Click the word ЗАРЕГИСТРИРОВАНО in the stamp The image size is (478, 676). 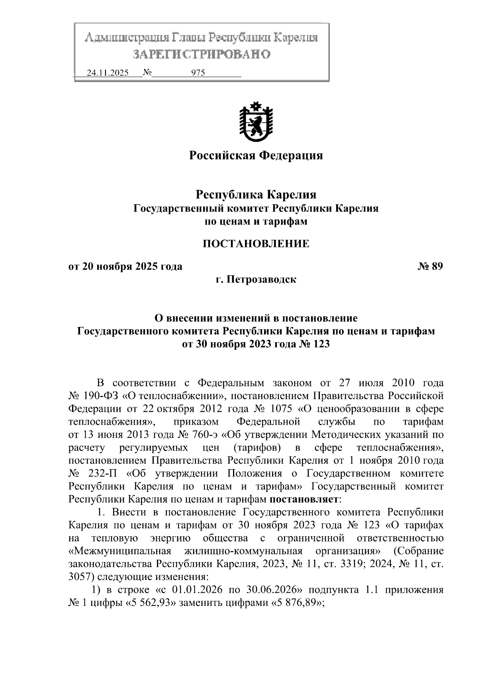[x=201, y=54]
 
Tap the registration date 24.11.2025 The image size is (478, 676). [x=108, y=73]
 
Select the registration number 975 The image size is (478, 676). [x=198, y=73]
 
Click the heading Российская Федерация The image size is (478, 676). [x=255, y=155]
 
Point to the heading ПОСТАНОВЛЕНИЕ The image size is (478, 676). [x=255, y=243]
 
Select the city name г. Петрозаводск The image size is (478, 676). [x=255, y=279]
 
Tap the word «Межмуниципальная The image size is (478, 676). [x=120, y=551]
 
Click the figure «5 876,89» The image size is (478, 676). [x=296, y=603]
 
